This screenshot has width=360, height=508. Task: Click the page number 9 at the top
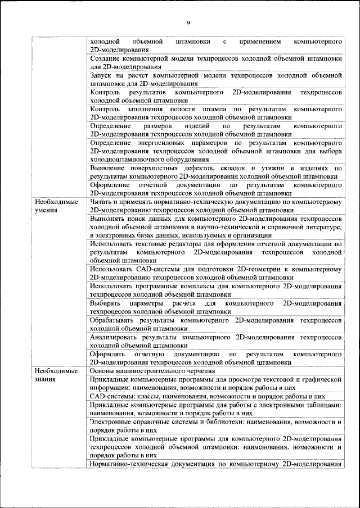tap(188, 22)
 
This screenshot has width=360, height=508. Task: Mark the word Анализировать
tap(116, 337)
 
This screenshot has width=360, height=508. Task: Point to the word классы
tap(142, 396)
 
